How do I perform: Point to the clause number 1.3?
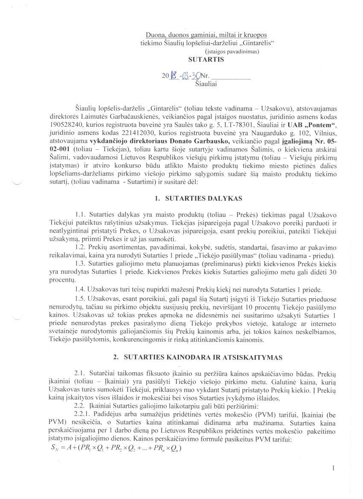(x=80, y=263)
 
